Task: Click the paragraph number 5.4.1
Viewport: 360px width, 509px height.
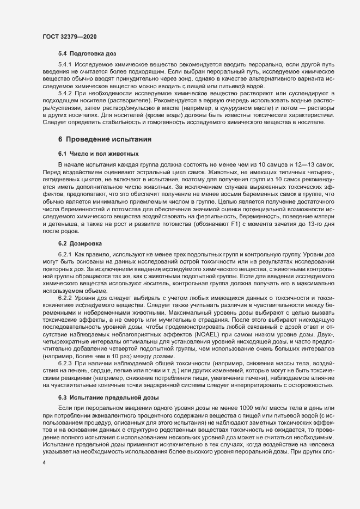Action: click(65, 65)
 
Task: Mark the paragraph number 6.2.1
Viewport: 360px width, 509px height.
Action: click(65, 254)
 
